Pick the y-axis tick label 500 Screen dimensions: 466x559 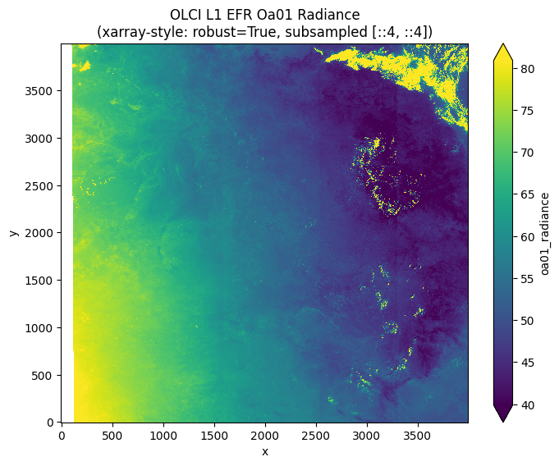[x=44, y=376]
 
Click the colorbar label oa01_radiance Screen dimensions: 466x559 [x=546, y=233]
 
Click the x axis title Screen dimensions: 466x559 [x=264, y=451]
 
